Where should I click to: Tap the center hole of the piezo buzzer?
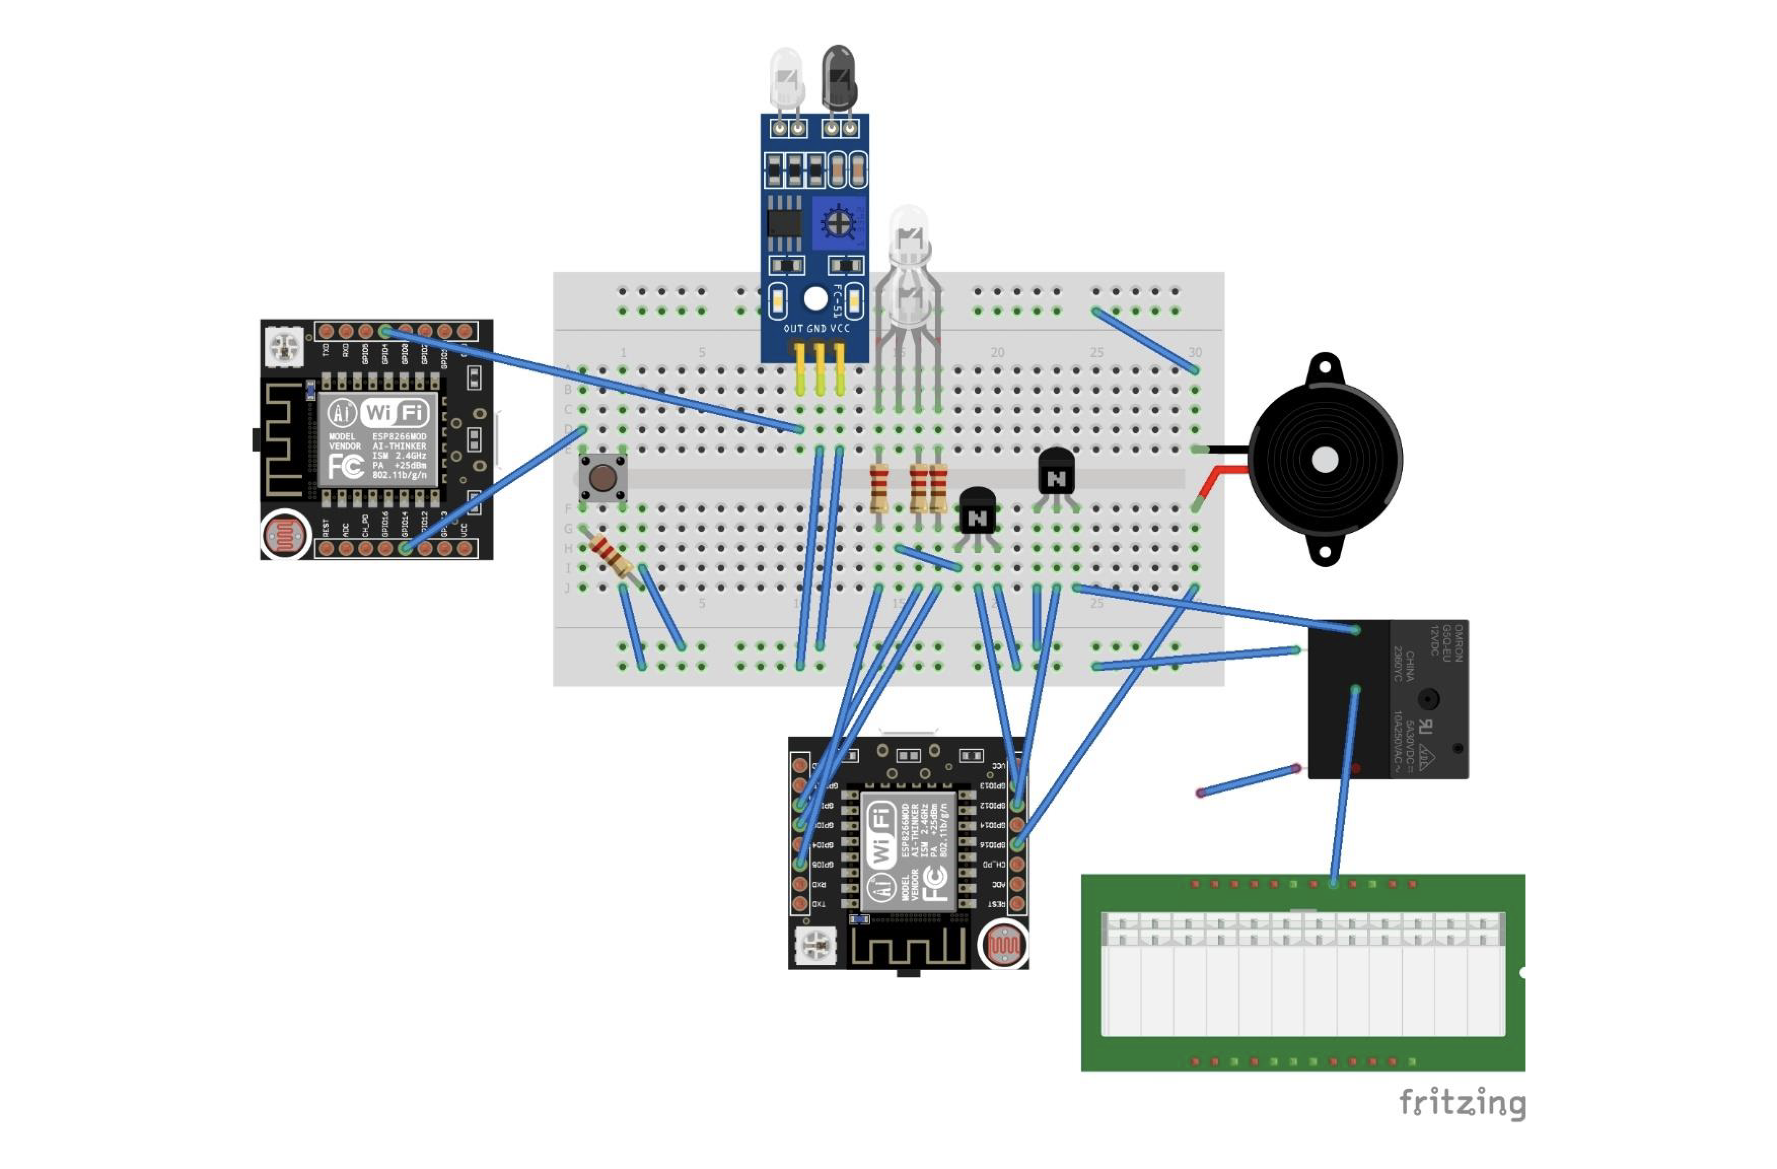pos(1325,460)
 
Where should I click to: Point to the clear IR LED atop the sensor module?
pos(786,79)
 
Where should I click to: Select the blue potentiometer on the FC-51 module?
pos(838,222)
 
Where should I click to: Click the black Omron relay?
pos(1387,699)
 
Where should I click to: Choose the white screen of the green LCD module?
pos(1303,974)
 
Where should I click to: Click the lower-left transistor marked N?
pos(977,511)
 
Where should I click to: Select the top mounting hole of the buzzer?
pos(1325,367)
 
